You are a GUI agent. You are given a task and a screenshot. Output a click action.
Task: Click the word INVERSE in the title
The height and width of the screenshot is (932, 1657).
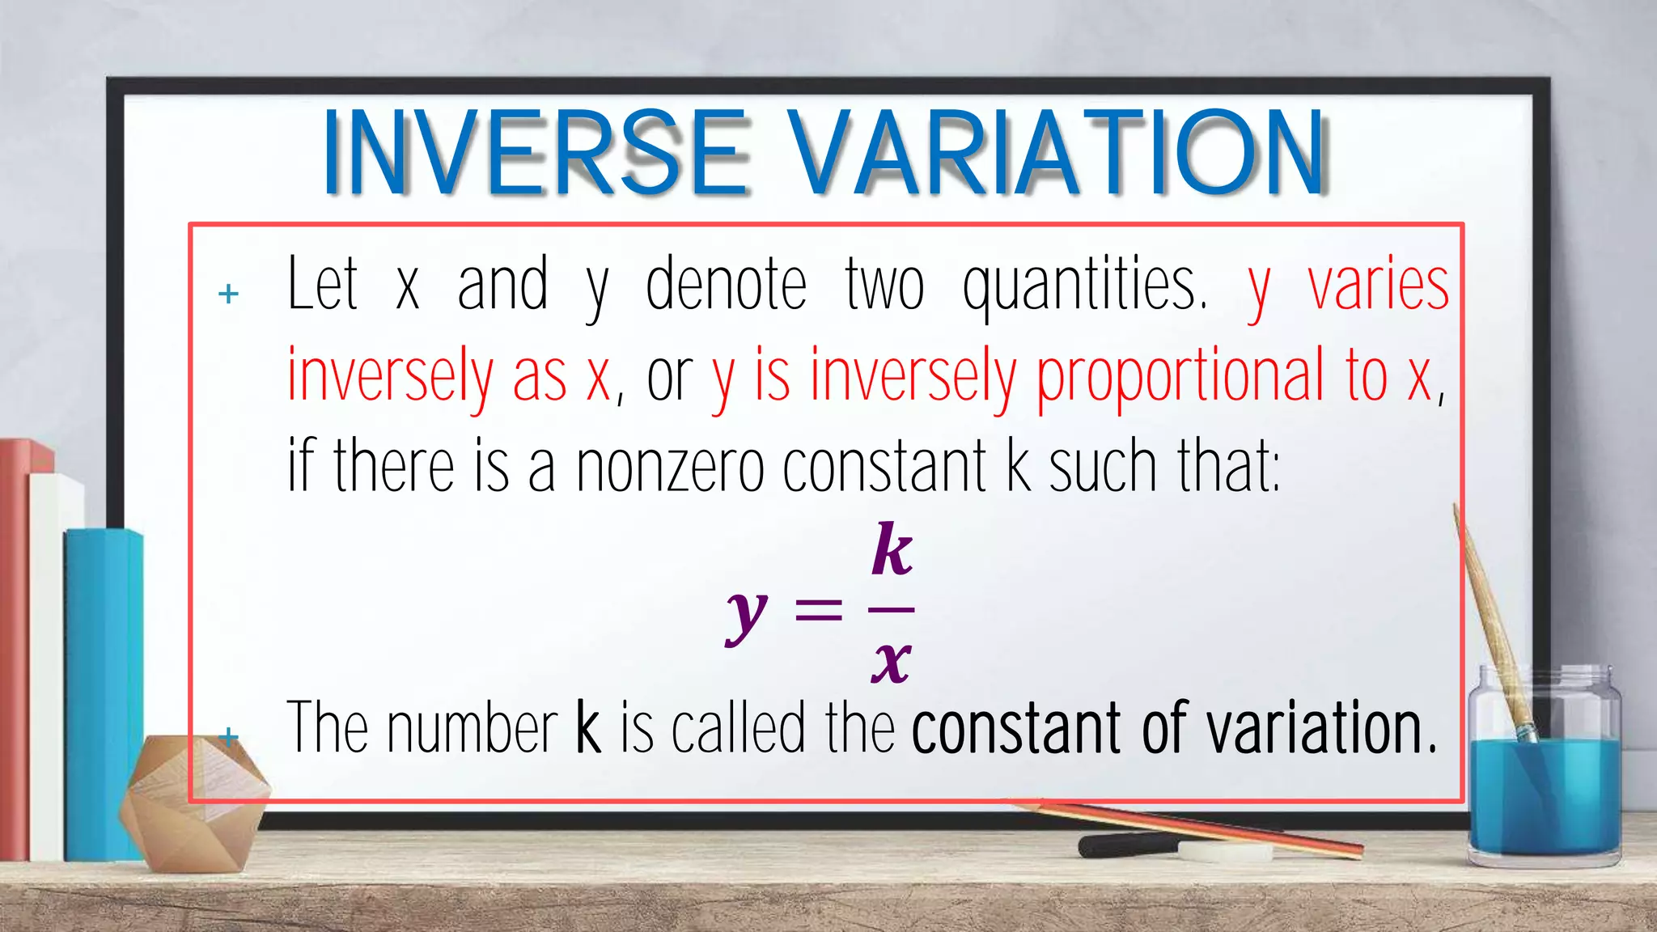pos(534,154)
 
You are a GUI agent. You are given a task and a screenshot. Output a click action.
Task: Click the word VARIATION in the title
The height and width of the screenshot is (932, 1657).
pos(1056,154)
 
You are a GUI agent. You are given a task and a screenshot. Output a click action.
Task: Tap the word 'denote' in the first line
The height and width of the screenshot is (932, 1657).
pos(726,285)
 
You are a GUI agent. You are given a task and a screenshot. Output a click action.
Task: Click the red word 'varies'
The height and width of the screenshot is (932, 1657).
pos(1378,285)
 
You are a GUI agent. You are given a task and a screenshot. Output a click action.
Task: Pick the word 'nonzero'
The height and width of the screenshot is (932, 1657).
pos(670,468)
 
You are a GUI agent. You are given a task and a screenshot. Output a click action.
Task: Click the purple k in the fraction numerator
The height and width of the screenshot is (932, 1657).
pos(892,549)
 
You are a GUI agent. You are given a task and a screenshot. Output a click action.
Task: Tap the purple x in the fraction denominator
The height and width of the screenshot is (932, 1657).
pos(892,662)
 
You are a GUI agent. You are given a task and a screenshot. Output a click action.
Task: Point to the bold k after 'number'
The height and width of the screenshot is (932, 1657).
pos(588,728)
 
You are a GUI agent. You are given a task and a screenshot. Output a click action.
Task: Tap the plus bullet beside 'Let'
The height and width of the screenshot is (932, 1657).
pos(229,294)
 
